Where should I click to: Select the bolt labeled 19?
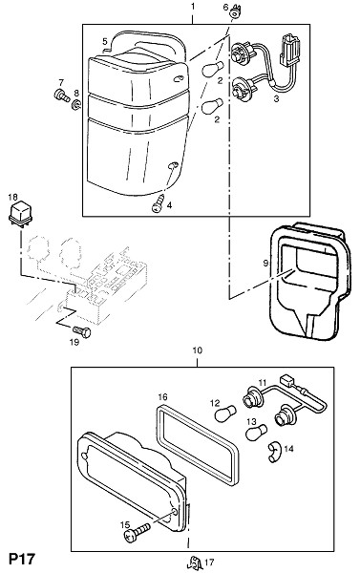(81, 331)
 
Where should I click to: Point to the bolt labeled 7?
(61, 95)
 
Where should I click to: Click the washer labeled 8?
(76, 105)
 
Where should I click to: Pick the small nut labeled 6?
(233, 14)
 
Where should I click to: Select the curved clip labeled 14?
(274, 452)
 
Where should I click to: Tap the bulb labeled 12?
(225, 414)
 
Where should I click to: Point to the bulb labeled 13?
(256, 433)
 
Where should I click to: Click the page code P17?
(22, 559)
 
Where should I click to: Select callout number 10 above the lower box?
(197, 350)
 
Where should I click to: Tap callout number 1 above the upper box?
(193, 7)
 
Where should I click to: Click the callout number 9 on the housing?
(265, 264)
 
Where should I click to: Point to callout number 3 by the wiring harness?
(276, 98)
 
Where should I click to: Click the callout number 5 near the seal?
(105, 41)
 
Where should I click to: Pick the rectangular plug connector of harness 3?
(290, 51)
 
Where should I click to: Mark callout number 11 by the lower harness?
(263, 383)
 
